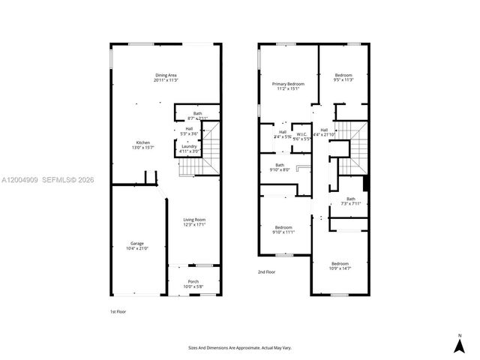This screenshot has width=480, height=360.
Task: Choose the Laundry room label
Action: (x=189, y=148)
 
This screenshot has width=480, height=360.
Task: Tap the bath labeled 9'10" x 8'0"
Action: (x=280, y=167)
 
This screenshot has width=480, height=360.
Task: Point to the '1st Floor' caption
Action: (x=118, y=310)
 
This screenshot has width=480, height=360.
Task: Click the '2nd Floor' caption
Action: (x=267, y=272)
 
